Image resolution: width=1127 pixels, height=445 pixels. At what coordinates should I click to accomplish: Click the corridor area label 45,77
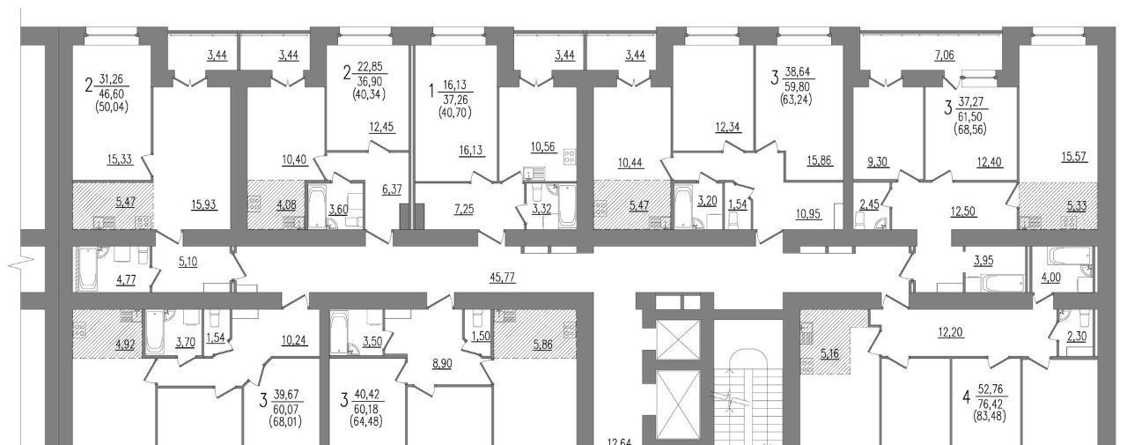(x=502, y=278)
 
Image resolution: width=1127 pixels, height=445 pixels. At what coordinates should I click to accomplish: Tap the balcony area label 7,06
(x=945, y=56)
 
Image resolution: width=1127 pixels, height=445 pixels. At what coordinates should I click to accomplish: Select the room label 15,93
(x=204, y=205)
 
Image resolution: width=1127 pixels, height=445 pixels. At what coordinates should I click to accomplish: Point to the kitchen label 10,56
(x=543, y=146)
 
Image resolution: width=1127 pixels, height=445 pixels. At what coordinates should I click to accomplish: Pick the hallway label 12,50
(x=963, y=211)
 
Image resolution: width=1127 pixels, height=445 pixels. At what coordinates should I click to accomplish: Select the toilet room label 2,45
(x=868, y=204)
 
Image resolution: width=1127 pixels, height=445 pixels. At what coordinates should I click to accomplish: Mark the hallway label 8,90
(x=442, y=364)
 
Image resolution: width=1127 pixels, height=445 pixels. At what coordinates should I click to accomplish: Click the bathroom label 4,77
(x=126, y=279)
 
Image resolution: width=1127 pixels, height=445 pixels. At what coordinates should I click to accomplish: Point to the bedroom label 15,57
(x=1075, y=157)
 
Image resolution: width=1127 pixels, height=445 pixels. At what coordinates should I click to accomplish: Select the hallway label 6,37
(x=392, y=189)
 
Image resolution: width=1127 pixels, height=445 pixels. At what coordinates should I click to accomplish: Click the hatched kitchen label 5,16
(x=829, y=354)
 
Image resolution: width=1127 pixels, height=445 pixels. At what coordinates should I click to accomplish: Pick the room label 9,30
(x=877, y=162)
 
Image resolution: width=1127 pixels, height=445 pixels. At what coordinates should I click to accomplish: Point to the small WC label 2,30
(x=1076, y=337)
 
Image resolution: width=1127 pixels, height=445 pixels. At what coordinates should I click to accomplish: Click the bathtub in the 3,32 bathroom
(x=567, y=204)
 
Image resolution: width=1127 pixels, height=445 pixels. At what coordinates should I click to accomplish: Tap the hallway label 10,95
(x=808, y=214)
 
